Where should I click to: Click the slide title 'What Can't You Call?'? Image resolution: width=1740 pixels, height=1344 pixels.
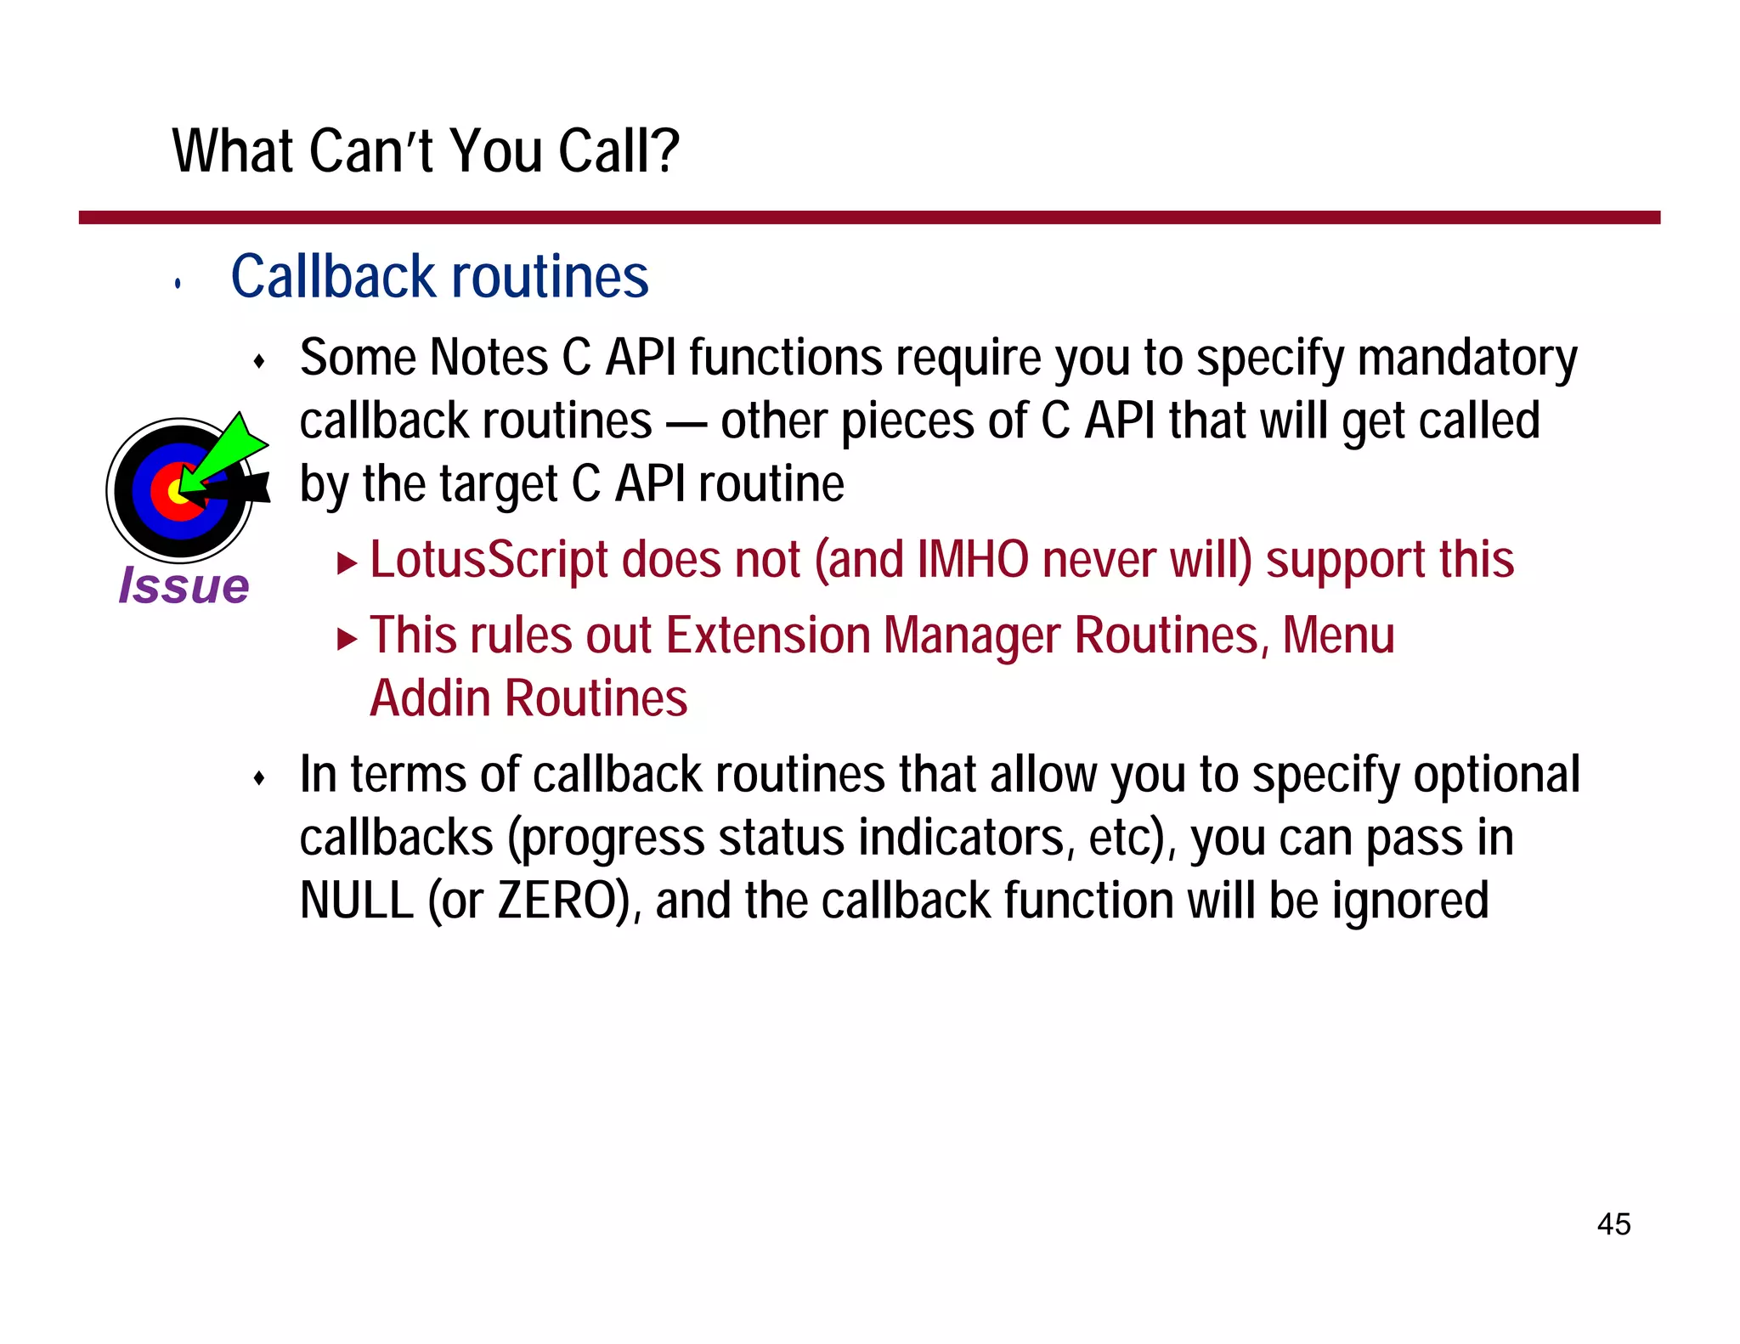click(426, 151)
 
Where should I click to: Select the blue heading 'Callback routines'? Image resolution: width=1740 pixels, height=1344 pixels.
click(439, 277)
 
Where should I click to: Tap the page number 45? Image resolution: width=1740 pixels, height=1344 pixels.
click(1613, 1224)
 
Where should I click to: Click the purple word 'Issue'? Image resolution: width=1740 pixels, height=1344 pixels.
click(184, 585)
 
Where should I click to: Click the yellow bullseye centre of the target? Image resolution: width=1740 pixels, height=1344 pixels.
click(176, 491)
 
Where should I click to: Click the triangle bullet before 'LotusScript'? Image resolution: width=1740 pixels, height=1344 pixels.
click(346, 562)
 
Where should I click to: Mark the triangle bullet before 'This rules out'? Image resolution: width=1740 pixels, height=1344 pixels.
click(346, 638)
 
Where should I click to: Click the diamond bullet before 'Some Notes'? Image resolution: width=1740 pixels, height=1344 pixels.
click(259, 362)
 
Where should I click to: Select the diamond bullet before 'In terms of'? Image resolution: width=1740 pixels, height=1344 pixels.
click(259, 778)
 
